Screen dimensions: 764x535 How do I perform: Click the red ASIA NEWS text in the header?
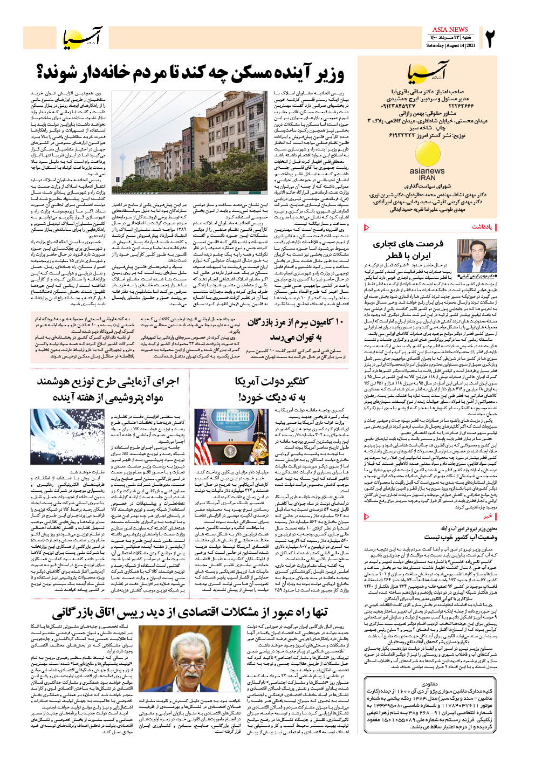point(450,30)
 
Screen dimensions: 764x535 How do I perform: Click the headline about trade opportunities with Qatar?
point(407,250)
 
